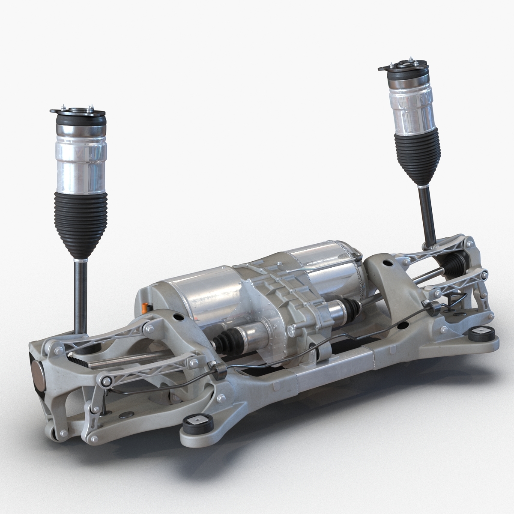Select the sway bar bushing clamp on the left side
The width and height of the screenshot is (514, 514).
(x=219, y=370)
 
